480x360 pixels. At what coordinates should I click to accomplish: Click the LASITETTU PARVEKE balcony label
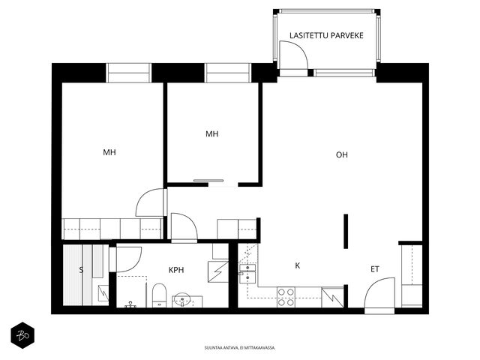pyautogui.click(x=326, y=35)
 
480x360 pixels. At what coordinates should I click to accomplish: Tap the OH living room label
pyautogui.click(x=342, y=155)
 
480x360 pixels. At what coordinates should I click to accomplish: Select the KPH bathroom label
pyautogui.click(x=176, y=270)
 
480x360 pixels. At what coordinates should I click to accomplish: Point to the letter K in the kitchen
pyautogui.click(x=297, y=265)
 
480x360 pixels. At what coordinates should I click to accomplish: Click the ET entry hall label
pyautogui.click(x=375, y=269)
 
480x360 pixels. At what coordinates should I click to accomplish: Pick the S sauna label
pyautogui.click(x=81, y=270)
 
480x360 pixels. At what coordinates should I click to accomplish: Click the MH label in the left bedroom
pyautogui.click(x=109, y=152)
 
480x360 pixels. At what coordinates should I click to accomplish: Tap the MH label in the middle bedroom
pyautogui.click(x=211, y=133)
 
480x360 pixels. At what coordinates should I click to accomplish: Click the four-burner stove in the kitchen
pyautogui.click(x=286, y=297)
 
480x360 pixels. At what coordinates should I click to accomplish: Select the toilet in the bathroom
pyautogui.click(x=159, y=295)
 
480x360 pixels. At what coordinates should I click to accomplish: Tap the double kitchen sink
pyautogui.click(x=247, y=274)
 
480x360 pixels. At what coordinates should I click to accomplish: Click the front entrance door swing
pyautogui.click(x=379, y=293)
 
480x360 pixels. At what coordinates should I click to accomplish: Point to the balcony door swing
pyautogui.click(x=293, y=55)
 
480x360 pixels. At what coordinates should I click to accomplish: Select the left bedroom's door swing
pyautogui.click(x=150, y=202)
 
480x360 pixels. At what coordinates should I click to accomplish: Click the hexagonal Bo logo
pyautogui.click(x=22, y=335)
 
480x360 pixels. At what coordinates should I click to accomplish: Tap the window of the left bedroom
pyautogui.click(x=129, y=73)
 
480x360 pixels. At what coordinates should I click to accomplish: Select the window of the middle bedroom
pyautogui.click(x=228, y=73)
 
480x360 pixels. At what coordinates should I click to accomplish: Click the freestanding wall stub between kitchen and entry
pyautogui.click(x=346, y=231)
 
